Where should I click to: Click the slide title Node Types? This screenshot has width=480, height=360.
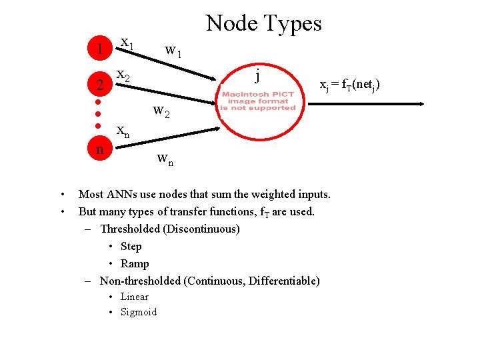point(264,23)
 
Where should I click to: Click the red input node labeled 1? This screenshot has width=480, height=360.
point(99,49)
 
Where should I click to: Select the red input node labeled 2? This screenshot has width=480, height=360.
point(99,85)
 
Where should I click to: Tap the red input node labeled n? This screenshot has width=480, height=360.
point(99,148)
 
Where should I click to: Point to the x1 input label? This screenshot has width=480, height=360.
point(127,44)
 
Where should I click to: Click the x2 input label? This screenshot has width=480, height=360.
point(123,76)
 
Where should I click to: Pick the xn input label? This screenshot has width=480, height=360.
point(123,132)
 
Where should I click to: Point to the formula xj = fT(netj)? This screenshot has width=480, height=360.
point(349,85)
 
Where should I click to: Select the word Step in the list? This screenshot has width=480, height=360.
point(131,246)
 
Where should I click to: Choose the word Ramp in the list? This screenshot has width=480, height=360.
point(135,263)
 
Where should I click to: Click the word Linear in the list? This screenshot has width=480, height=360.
point(134,297)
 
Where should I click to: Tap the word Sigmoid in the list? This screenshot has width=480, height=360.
point(138,312)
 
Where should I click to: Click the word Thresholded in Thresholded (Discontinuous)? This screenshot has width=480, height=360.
point(130,229)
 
